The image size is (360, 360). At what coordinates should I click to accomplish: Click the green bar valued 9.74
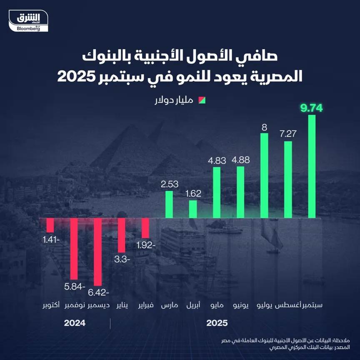click(x=312, y=167)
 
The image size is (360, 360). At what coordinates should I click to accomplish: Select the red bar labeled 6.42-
click(x=97, y=252)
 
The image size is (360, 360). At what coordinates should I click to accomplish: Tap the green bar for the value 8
click(x=264, y=175)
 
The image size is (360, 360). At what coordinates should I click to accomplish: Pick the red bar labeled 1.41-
click(x=50, y=225)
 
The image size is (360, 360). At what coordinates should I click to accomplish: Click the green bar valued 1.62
click(x=192, y=209)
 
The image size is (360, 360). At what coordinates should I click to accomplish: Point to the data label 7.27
click(x=288, y=134)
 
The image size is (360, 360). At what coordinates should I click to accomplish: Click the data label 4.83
click(x=217, y=159)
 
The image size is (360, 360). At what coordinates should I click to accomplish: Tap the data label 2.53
click(x=170, y=183)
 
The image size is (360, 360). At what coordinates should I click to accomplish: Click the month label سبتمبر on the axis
click(x=312, y=305)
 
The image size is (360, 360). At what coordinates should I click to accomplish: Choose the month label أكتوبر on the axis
click(x=50, y=305)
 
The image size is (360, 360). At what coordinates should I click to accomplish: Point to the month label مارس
click(x=170, y=305)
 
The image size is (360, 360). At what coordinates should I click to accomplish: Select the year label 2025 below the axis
click(x=217, y=323)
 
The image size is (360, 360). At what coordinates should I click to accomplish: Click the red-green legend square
click(x=203, y=100)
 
